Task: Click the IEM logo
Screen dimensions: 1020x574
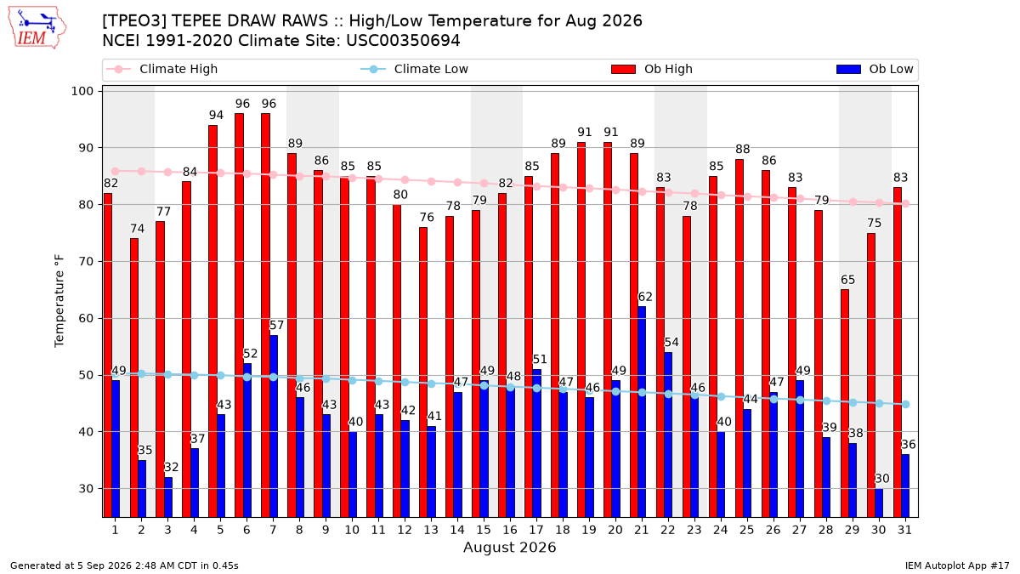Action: [37, 28]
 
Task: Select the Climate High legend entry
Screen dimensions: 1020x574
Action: [161, 69]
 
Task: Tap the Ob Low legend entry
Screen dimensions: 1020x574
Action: [875, 69]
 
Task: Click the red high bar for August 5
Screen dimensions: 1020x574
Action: [212, 321]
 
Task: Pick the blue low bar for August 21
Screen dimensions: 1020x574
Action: [642, 412]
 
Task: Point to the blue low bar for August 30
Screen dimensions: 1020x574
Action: [878, 503]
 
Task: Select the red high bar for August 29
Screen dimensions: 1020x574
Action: [845, 403]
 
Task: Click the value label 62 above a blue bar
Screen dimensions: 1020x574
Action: [645, 297]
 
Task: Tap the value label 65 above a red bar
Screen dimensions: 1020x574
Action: [847, 280]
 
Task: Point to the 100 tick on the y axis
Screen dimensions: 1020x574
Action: [82, 91]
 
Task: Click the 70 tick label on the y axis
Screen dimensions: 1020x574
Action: [86, 262]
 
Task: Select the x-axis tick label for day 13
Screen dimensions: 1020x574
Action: [431, 530]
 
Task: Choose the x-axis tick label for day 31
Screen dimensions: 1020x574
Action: [904, 530]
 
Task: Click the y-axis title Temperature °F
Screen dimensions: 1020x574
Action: [59, 301]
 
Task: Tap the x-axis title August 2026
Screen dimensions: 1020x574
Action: [509, 547]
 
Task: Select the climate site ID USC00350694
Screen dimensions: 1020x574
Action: [403, 41]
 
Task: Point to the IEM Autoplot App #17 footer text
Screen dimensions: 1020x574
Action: [957, 565]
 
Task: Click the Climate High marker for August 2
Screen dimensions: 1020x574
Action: [142, 171]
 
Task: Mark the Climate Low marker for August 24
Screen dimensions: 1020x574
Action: [722, 397]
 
